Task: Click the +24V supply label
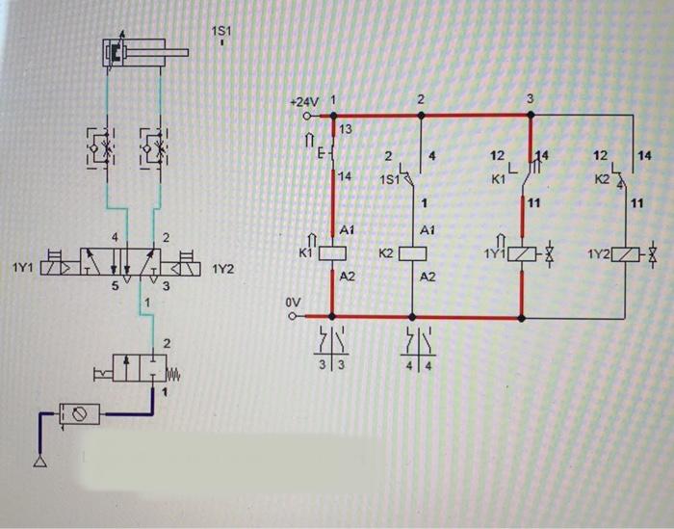302,101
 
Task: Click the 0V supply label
295,303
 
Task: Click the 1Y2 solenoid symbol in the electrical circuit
626,254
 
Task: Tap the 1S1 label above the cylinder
220,32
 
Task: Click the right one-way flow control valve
154,146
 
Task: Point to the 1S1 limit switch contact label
389,179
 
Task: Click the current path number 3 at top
530,99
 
